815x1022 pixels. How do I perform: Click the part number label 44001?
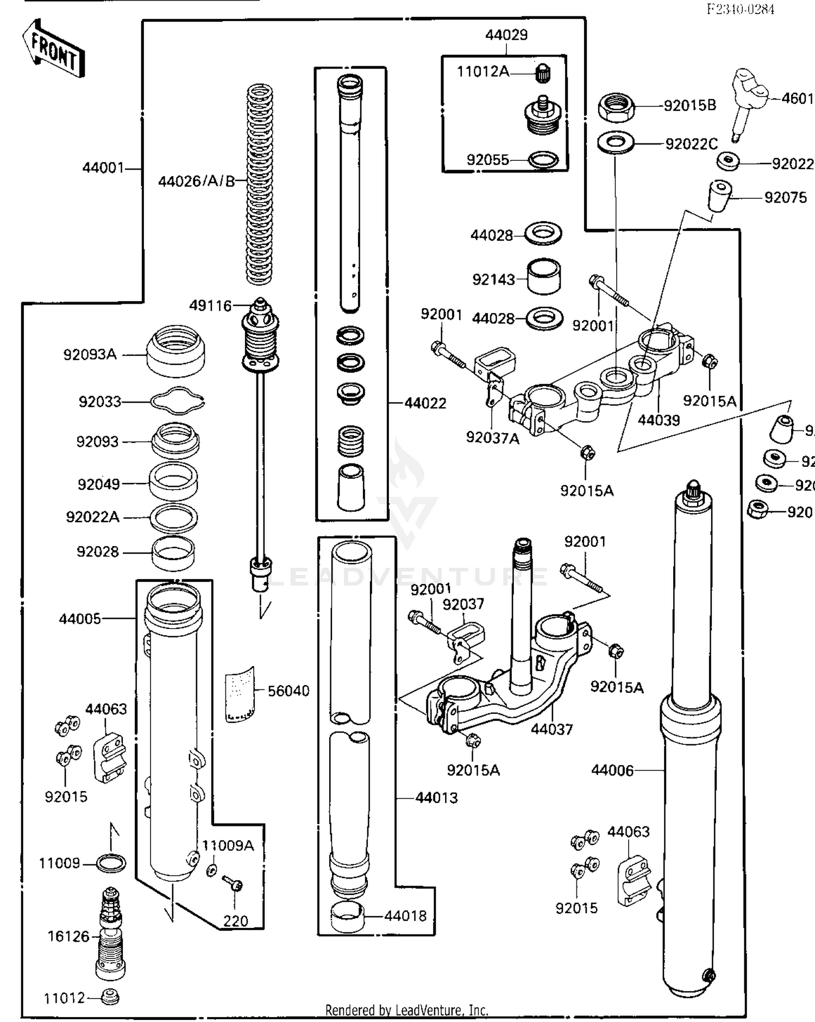click(x=103, y=168)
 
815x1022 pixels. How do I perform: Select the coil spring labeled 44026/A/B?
click(x=259, y=185)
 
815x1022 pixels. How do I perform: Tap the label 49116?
click(x=210, y=306)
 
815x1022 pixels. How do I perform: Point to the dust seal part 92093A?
click(x=176, y=351)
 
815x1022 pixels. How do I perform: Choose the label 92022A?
click(x=92, y=517)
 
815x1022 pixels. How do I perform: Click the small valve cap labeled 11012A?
click(x=543, y=73)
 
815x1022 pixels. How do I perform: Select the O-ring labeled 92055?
click(x=543, y=160)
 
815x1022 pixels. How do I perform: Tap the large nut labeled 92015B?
click(x=617, y=107)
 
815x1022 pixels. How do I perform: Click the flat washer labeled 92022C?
click(x=616, y=143)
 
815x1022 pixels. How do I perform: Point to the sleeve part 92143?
click(x=544, y=277)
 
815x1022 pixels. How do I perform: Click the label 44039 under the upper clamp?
click(x=659, y=420)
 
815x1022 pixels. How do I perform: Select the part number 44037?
click(x=551, y=729)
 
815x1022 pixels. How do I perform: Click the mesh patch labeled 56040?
click(x=240, y=694)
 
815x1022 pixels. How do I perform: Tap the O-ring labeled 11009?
click(x=111, y=863)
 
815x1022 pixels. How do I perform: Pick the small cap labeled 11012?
click(x=110, y=997)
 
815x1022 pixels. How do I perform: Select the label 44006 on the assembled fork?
click(x=612, y=770)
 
